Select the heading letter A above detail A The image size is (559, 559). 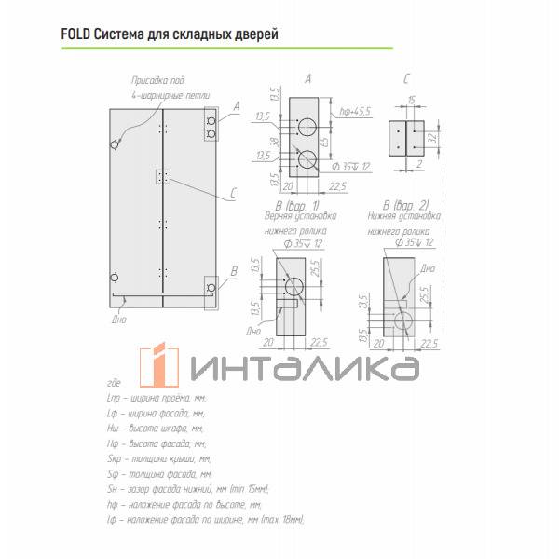pos(308,79)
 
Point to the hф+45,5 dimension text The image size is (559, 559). pos(356,111)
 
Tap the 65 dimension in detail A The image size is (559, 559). pos(336,142)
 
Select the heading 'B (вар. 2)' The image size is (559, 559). pos(405,205)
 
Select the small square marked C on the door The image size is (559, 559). pos(164,176)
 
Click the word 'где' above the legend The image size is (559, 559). pos(115,383)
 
